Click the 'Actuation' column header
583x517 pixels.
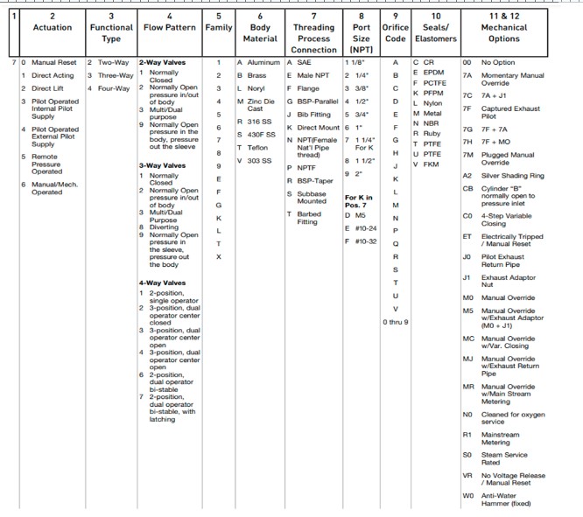52,27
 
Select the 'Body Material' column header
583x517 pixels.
259,32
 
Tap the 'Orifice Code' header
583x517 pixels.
395,32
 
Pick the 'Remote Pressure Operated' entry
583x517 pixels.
46,164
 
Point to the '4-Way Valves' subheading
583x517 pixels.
162,283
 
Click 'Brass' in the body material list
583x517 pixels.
256,75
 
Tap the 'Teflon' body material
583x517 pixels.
258,148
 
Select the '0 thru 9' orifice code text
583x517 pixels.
396,322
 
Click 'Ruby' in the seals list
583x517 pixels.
432,133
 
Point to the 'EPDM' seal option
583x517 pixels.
434,73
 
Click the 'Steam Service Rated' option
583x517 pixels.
505,458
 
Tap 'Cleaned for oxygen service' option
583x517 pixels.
513,418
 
